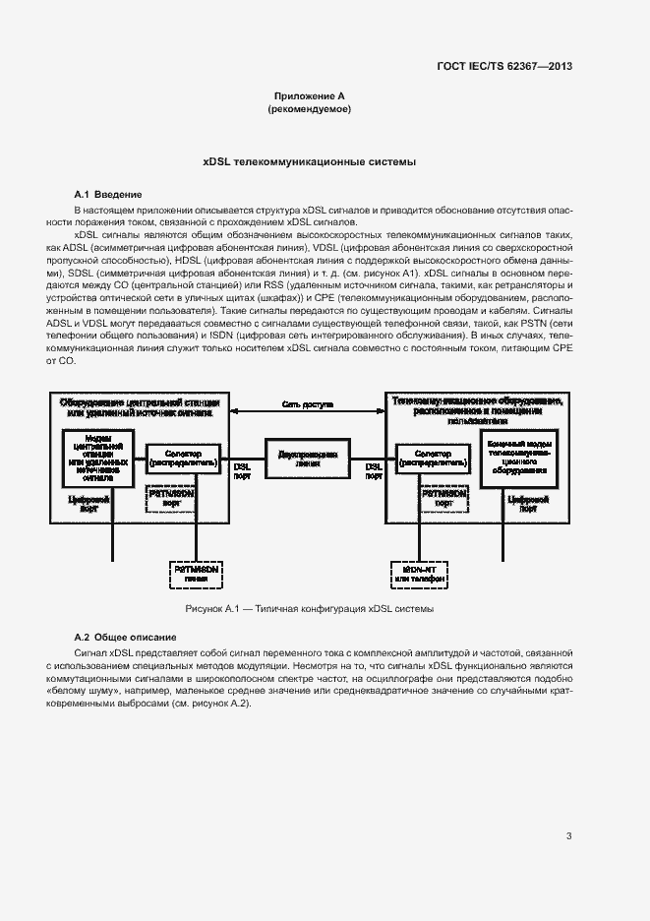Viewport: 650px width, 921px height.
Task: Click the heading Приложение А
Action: pos(310,96)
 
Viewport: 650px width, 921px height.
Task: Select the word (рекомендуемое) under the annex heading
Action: pos(310,109)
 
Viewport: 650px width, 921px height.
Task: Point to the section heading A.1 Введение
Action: pos(109,195)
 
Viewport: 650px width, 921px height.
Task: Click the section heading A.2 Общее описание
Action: pos(126,639)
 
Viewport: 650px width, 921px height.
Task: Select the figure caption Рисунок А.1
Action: pos(310,609)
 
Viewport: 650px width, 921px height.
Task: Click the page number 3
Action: pos(569,836)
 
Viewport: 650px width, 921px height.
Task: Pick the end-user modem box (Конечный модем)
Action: pos(519,458)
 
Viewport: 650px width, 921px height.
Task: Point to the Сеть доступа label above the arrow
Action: pos(308,404)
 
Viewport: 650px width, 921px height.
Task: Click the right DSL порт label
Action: pos(375,470)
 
